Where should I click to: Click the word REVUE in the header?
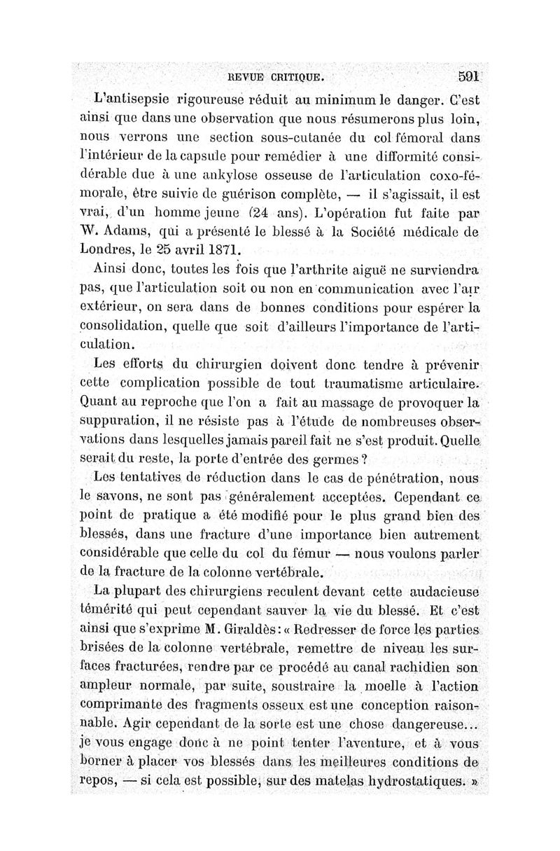pos(241,76)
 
